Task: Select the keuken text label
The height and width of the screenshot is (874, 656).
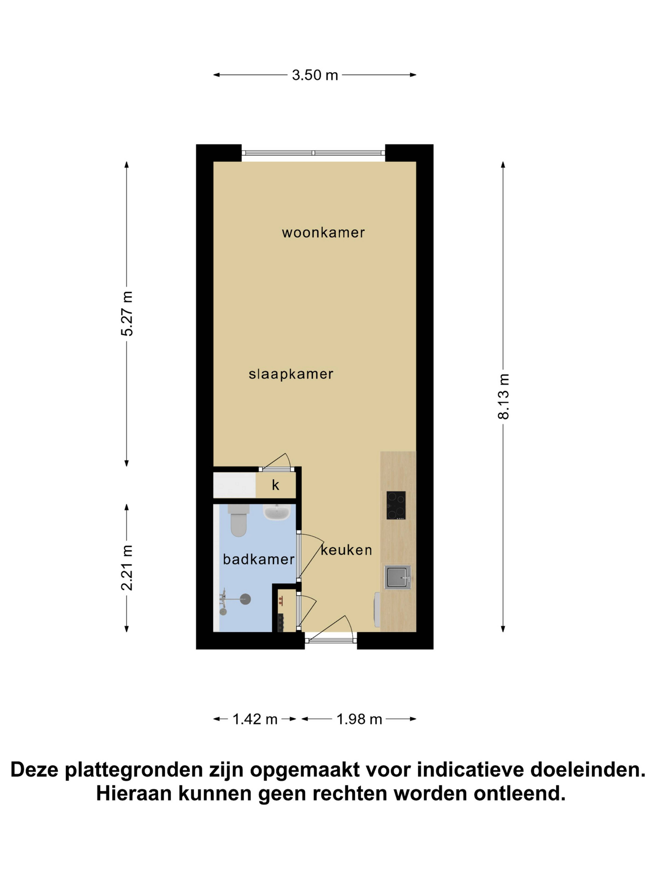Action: [x=346, y=550]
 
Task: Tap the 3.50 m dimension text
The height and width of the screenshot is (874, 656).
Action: [x=315, y=75]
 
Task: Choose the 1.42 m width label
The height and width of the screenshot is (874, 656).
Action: [x=255, y=719]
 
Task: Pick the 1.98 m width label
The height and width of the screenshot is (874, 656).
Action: [x=359, y=719]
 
